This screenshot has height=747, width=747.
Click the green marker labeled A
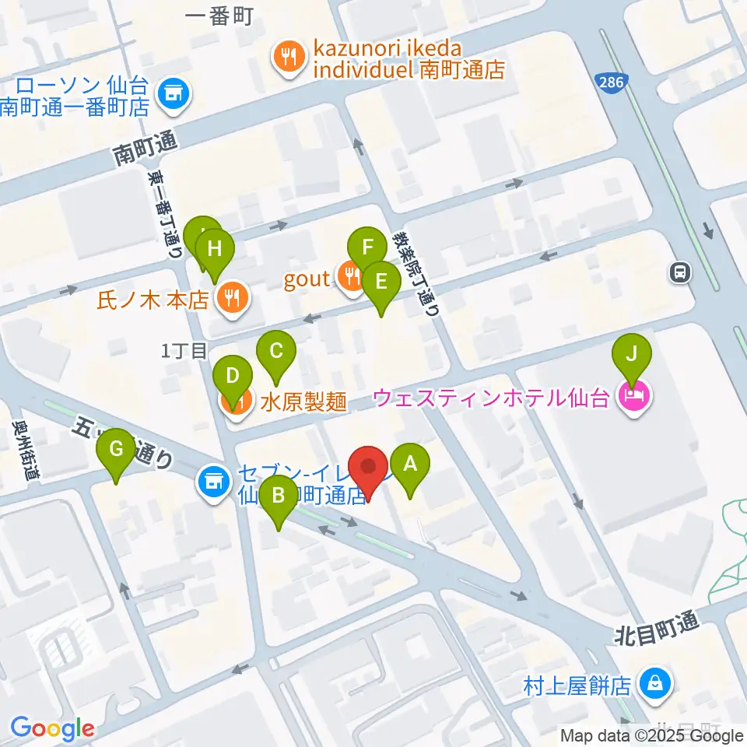pyautogui.click(x=409, y=465)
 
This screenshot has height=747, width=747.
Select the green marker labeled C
pyautogui.click(x=275, y=351)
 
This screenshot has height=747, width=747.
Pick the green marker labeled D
pyautogui.click(x=232, y=378)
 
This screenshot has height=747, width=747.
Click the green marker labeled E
pyautogui.click(x=381, y=282)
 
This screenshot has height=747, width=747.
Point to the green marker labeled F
pyautogui.click(x=367, y=249)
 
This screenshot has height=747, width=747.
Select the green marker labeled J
pyautogui.click(x=633, y=356)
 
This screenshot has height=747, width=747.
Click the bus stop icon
pyautogui.click(x=680, y=272)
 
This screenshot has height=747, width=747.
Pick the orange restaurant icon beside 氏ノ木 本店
pyautogui.click(x=230, y=296)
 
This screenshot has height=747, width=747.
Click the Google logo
pyautogui.click(x=51, y=728)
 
